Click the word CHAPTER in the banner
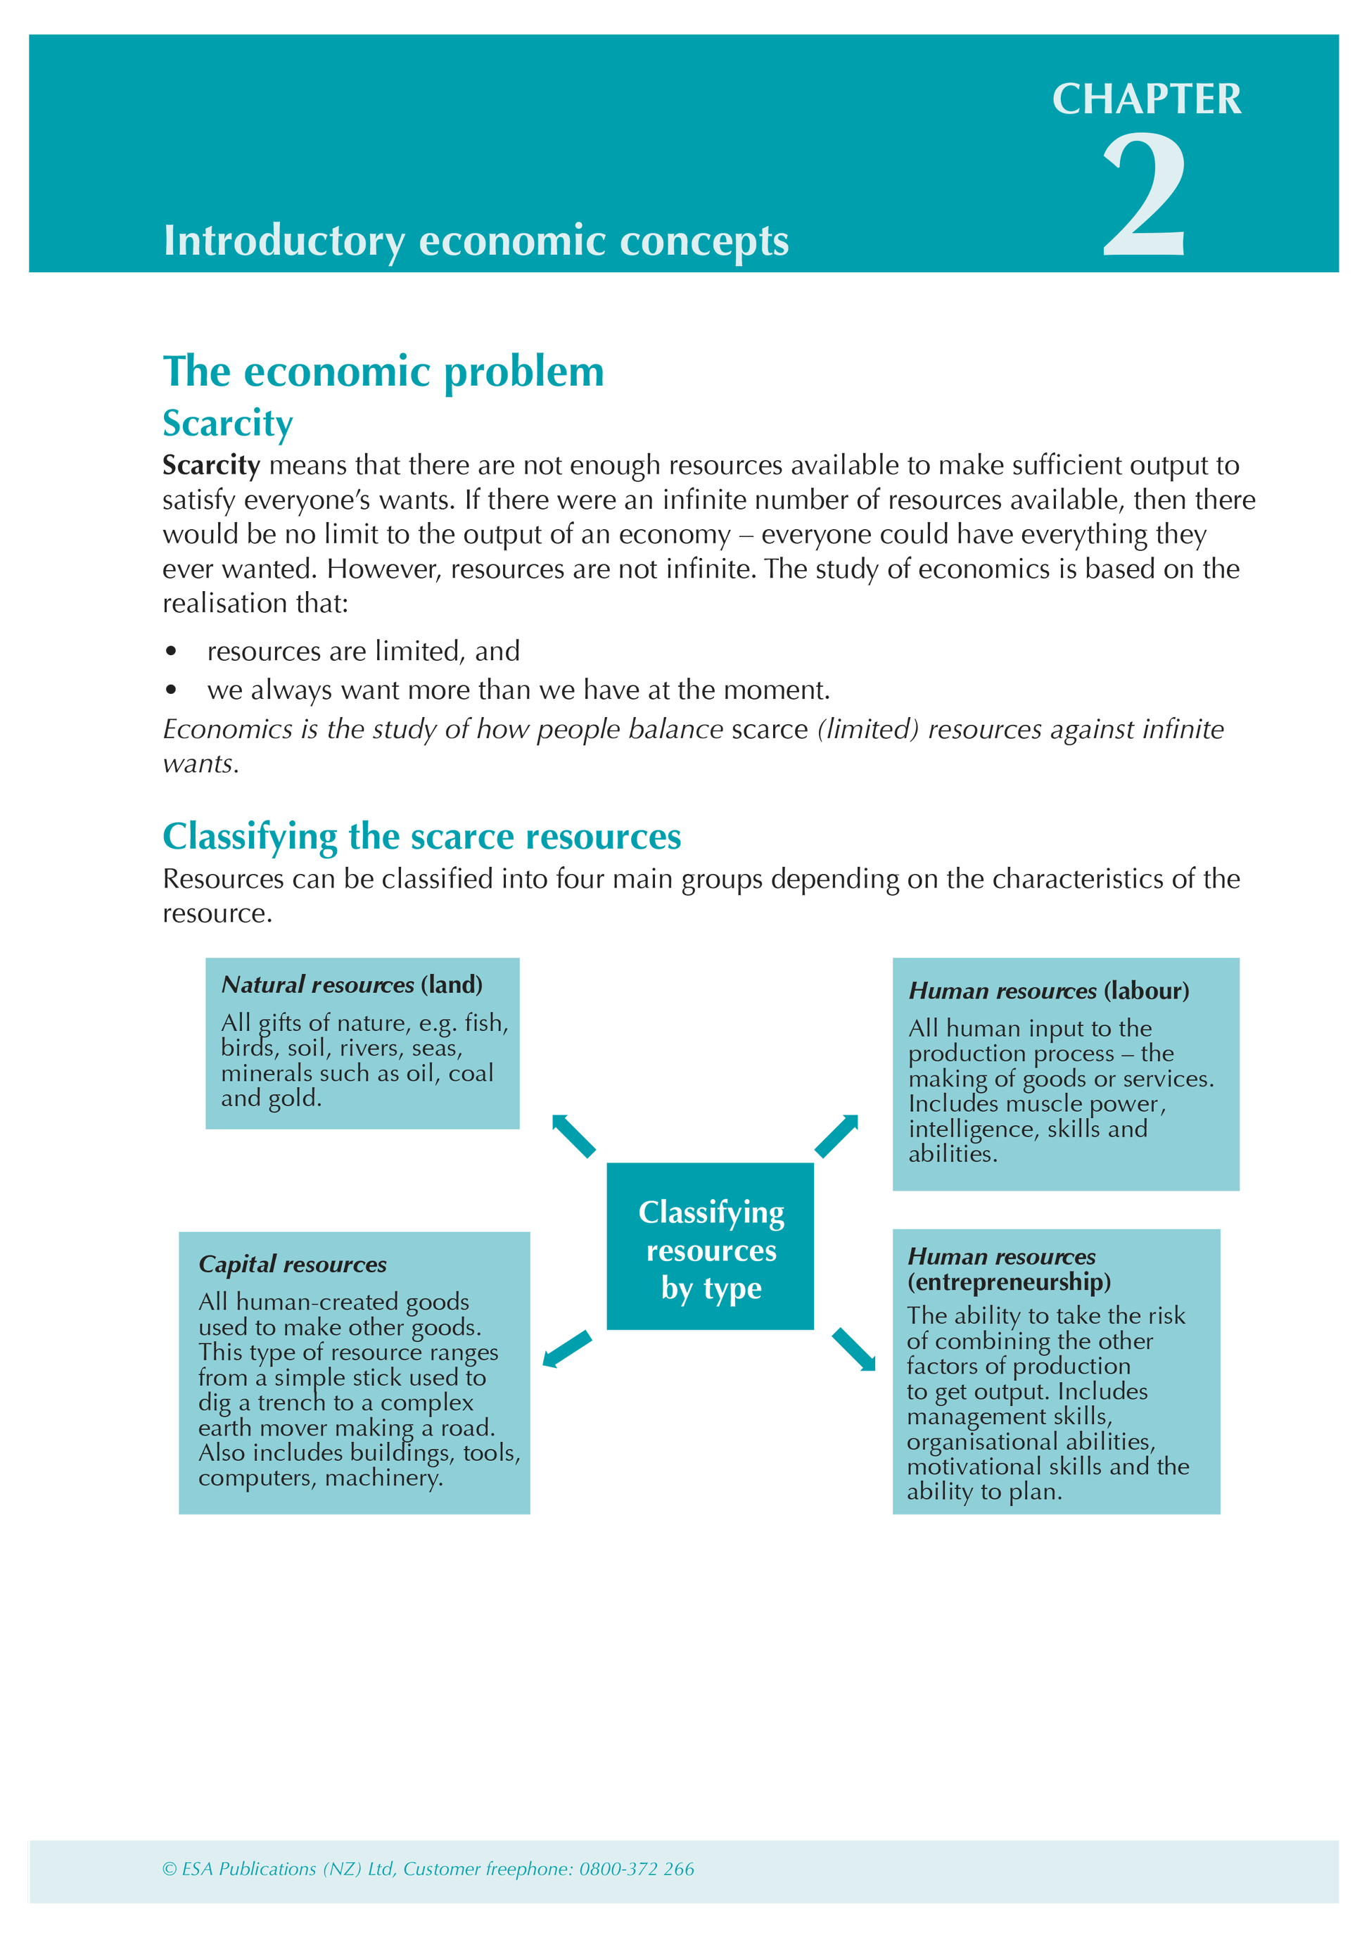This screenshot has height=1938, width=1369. coord(1146,100)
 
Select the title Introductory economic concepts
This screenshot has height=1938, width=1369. coord(476,241)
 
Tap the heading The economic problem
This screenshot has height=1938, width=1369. coord(383,372)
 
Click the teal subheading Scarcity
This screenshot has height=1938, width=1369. coord(227,423)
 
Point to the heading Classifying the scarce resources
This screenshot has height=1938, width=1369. coord(421,837)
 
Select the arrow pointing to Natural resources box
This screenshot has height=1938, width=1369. coord(573,1135)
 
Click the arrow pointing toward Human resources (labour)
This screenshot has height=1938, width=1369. coord(837,1135)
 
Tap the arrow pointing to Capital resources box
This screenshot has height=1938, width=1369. coord(566,1348)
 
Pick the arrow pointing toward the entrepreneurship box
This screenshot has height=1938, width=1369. coord(854,1349)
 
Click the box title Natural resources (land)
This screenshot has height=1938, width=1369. coord(351,984)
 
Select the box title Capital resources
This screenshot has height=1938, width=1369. coord(292,1264)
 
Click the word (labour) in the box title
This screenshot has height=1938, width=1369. coord(1145,990)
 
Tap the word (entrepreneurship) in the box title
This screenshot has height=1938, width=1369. coord(1009,1282)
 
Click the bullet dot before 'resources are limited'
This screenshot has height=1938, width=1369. coord(172,651)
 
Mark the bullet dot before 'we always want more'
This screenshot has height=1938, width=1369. coord(172,690)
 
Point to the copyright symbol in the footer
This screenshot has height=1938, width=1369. coord(169,1869)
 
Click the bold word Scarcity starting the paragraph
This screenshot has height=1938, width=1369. coord(211,465)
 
